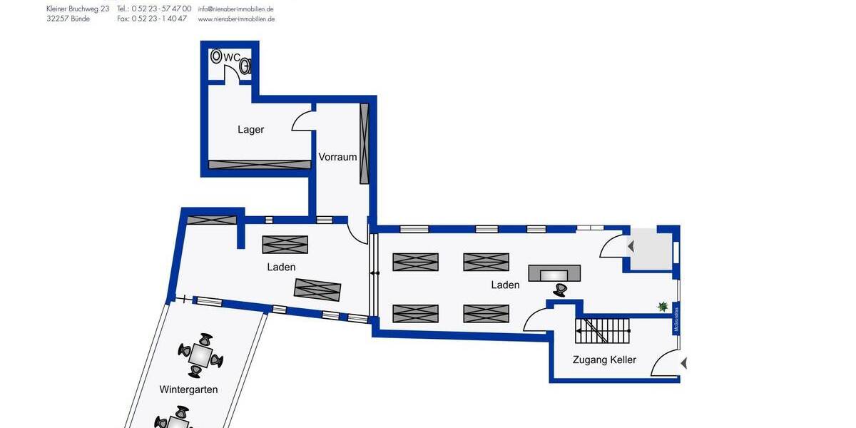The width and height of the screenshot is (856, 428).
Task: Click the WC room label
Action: pyautogui.click(x=232, y=57)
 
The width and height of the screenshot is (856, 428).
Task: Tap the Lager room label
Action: pyautogui.click(x=250, y=130)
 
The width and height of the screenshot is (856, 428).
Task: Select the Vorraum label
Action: pyautogui.click(x=337, y=157)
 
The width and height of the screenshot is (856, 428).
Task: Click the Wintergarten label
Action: pyautogui.click(x=188, y=389)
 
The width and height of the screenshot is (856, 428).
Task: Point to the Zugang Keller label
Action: pyautogui.click(x=604, y=360)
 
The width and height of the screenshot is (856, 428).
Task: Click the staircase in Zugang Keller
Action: pyautogui.click(x=603, y=331)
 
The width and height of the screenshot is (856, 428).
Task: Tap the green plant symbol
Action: pyautogui.click(x=663, y=307)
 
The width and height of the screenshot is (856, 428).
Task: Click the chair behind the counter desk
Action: pyautogui.click(x=561, y=290)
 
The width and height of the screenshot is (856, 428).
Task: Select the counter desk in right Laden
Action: pyautogui.click(x=554, y=273)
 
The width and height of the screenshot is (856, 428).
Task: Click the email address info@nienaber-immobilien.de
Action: pyautogui.click(x=236, y=9)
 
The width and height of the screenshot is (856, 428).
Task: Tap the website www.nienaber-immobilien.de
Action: pyautogui.click(x=236, y=19)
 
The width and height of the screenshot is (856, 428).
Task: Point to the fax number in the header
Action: pyautogui.click(x=159, y=19)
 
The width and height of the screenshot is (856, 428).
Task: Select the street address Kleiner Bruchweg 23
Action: pyautogui.click(x=77, y=9)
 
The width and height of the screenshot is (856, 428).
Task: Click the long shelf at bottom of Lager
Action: pyautogui.click(x=260, y=165)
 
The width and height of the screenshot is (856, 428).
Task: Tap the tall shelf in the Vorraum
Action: pyautogui.click(x=365, y=143)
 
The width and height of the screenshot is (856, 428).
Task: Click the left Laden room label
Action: pyautogui.click(x=281, y=267)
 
